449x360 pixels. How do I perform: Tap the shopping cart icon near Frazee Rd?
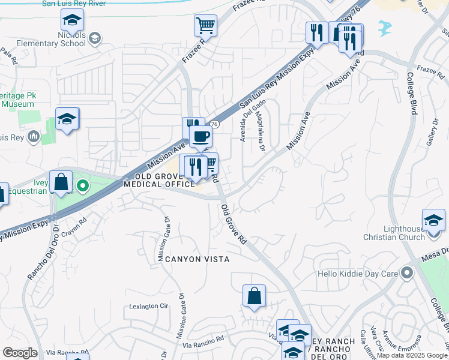pyautogui.click(x=205, y=26)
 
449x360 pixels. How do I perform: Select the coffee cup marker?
pyautogui.click(x=200, y=136)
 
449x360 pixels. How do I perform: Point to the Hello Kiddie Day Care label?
pyautogui.click(x=358, y=274)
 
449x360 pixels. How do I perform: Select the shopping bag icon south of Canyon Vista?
pyautogui.click(x=254, y=296)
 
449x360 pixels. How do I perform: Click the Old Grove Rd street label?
pyautogui.click(x=234, y=224)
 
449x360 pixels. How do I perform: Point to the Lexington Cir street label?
pyautogui.click(x=148, y=306)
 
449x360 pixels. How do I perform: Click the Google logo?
pyautogui.click(x=20, y=353)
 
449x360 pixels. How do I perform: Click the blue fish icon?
pyautogui.click(x=384, y=27)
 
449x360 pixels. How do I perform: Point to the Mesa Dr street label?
pyautogui.click(x=436, y=252)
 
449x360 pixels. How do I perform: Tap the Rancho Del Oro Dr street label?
pyautogui.click(x=42, y=252)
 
